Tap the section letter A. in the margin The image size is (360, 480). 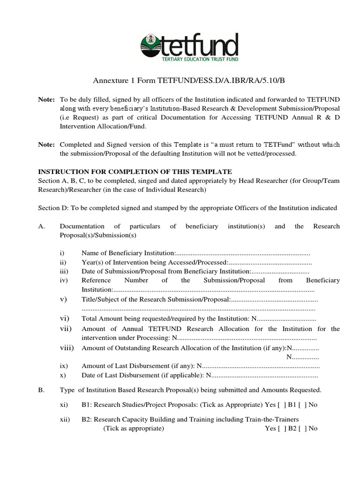(42, 226)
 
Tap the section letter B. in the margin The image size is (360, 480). (42, 390)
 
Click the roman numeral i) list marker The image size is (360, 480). (62, 253)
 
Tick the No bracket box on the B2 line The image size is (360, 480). (302, 428)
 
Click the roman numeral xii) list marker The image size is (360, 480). (65, 420)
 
